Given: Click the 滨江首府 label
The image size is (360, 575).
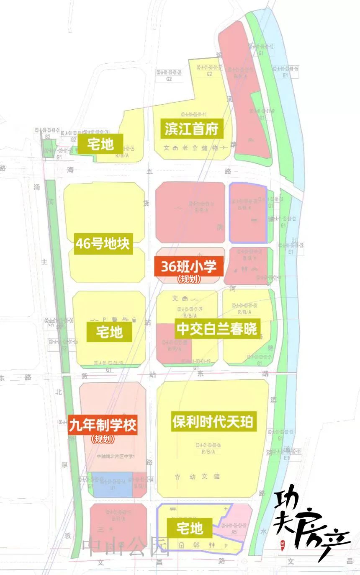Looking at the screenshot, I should coord(192,130).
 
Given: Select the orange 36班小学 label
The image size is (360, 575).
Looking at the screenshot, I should coord(188,266).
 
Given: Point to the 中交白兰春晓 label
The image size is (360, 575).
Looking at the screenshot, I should coord(216,329).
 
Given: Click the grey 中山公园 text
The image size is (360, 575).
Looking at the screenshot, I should coord(126,547).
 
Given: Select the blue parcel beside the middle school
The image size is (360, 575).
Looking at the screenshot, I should coord(112,485).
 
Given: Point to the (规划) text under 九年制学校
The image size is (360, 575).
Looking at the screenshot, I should coord(103,439).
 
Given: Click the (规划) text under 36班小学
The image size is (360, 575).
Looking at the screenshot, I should coord(188,279).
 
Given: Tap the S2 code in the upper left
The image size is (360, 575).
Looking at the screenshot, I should coord(48,137).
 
